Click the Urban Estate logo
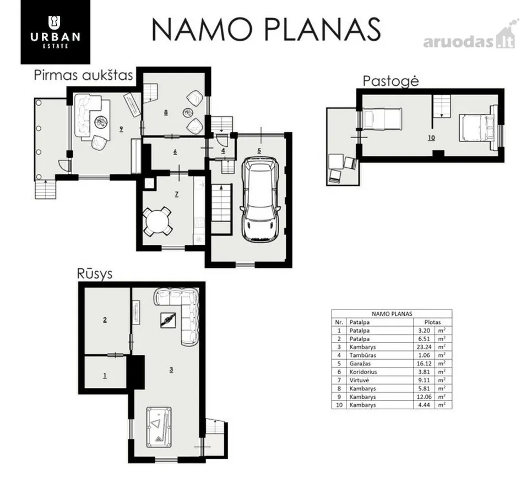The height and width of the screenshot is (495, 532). [55, 32]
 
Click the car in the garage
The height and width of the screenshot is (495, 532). [260, 199]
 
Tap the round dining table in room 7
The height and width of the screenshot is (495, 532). [157, 222]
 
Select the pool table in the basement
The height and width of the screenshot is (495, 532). [159, 427]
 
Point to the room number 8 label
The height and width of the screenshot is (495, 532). [166, 112]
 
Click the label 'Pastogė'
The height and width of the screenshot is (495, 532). [391, 81]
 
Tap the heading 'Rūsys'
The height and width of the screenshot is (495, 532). [95, 274]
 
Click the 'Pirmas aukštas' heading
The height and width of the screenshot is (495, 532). [83, 75]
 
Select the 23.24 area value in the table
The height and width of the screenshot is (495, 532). [424, 346]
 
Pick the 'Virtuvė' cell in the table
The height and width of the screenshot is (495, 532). [359, 380]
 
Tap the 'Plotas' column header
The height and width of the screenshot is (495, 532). [432, 322]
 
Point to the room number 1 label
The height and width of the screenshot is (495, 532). [105, 376]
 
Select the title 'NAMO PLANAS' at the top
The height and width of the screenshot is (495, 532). [266, 30]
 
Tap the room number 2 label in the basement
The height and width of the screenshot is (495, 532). [105, 320]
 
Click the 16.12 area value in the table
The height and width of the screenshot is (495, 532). [424, 363]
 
